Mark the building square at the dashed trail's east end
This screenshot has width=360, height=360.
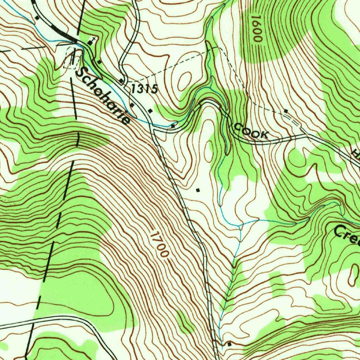(x=286, y=111)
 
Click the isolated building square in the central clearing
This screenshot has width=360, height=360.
(x=198, y=190)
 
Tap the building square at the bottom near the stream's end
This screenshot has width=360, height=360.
(x=229, y=344)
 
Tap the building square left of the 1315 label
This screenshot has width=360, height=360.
(x=121, y=81)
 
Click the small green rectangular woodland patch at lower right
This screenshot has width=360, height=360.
(x=278, y=285)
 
